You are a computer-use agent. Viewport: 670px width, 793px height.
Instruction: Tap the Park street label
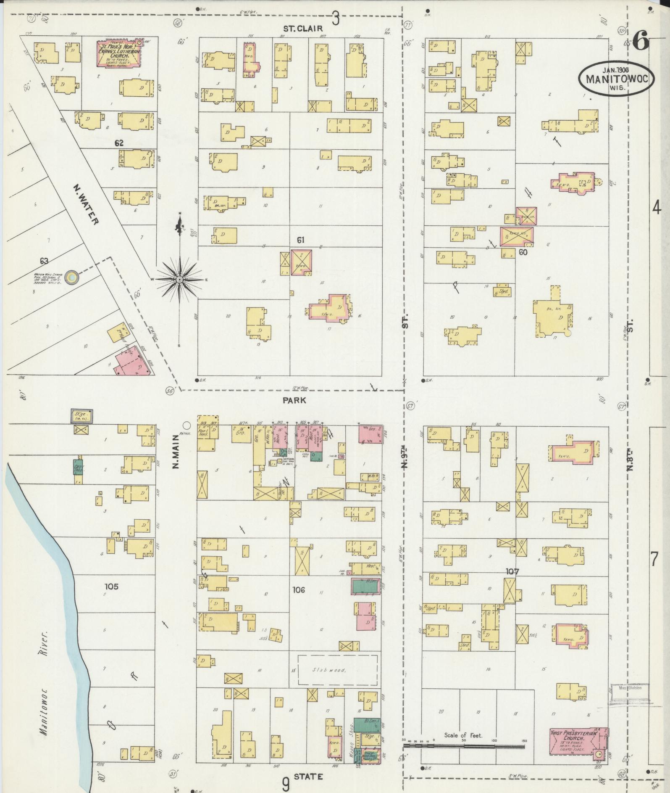click(x=294, y=400)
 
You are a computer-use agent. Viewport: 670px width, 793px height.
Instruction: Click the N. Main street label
click(x=176, y=452)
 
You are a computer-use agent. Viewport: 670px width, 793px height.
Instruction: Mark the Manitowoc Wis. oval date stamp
click(x=616, y=78)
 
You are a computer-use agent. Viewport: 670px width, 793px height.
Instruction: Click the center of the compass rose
click(x=179, y=280)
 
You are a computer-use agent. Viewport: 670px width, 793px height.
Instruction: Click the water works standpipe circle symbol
click(x=73, y=277)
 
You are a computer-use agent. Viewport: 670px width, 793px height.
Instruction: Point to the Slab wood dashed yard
click(x=337, y=670)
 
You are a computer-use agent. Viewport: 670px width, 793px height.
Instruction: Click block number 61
click(x=300, y=240)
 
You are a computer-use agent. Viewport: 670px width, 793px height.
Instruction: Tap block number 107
click(x=512, y=571)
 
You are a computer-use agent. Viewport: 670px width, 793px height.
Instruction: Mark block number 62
click(x=119, y=143)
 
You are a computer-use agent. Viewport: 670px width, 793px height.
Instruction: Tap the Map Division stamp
click(x=630, y=688)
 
